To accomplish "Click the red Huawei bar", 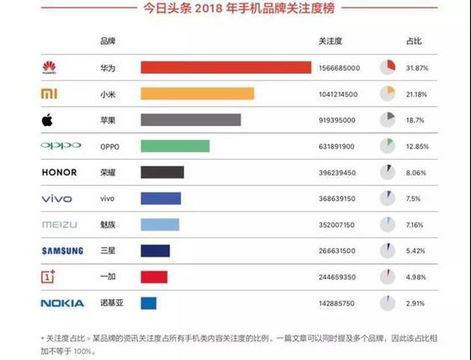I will (225, 67).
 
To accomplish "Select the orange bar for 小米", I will (197, 93).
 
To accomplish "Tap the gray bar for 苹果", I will (191, 119).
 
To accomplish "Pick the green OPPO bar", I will (175, 146).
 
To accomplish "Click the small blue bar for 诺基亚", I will (148, 302).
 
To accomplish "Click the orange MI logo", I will (50, 93).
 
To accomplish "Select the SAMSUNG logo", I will (62, 251).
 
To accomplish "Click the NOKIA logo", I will (62, 303).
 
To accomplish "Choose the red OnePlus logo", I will (50, 276).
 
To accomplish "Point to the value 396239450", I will (337, 172).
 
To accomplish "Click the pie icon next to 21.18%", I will (387, 93).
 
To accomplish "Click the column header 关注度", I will (331, 41).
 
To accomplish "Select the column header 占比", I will (414, 41).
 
